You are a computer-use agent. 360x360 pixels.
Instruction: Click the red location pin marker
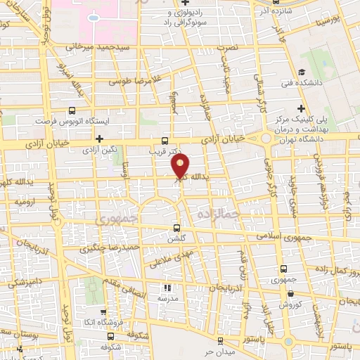pos(181,165)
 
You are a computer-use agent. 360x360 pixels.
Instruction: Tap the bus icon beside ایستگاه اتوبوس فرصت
pos(72,111)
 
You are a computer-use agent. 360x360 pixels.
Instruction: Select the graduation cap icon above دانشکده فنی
pos(301,72)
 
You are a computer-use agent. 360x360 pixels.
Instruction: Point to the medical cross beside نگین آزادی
pos(100,139)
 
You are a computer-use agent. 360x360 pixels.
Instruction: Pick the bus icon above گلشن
pos(176,227)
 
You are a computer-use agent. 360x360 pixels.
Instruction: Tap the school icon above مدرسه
pos(167,288)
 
